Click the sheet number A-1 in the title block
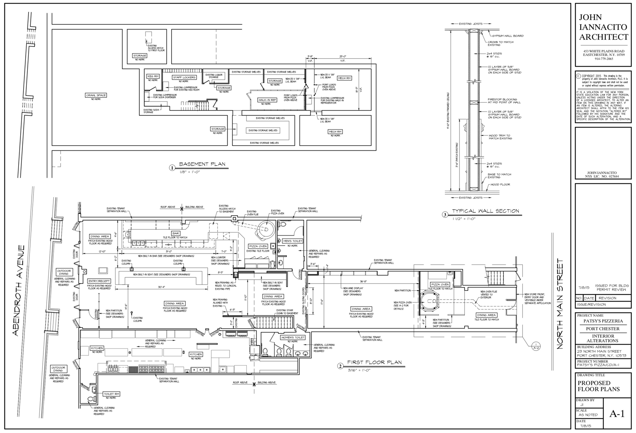pos(617,413)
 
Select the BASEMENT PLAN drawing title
pos(202,164)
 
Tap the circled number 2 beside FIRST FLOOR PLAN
pos(340,366)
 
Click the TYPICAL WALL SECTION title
pos(485,211)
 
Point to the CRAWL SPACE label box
pos(96,95)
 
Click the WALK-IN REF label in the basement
pos(267,100)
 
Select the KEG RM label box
pos(153,76)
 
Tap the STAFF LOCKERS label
pos(185,77)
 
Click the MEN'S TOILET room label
pos(292,241)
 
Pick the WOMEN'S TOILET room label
pos(292,337)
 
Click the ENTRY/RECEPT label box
pos(99,281)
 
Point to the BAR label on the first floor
pos(176,233)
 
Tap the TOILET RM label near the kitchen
pos(111,394)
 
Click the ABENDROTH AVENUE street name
pos(19,290)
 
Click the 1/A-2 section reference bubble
pos(536,346)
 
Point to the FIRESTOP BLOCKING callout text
pos(502,101)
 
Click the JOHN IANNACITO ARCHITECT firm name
pos(603,27)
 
